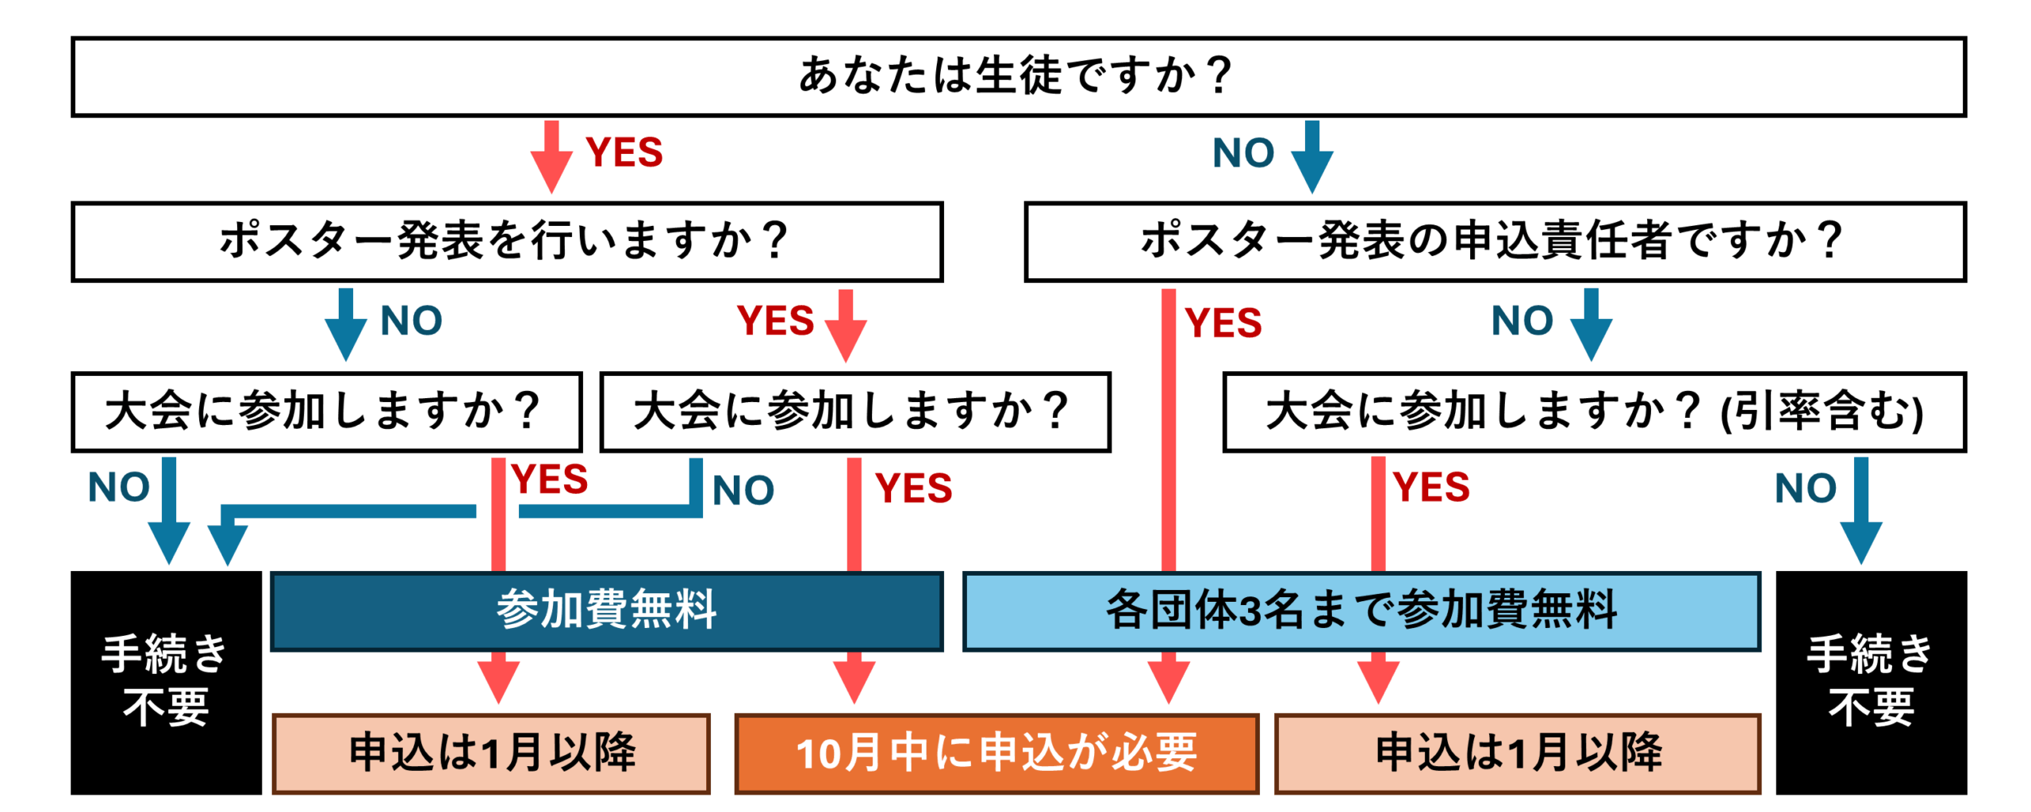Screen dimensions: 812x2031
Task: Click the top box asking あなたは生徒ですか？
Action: [x=1017, y=76]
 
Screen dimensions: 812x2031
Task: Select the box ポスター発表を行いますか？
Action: [x=506, y=241]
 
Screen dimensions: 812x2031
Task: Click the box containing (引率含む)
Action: [x=1593, y=412]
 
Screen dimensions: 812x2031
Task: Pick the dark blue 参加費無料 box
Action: [x=606, y=611]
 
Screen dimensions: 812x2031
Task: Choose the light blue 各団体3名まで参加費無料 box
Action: [x=1361, y=611]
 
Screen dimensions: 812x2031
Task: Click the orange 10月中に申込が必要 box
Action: [x=996, y=753]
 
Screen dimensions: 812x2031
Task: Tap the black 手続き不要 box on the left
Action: [x=166, y=682]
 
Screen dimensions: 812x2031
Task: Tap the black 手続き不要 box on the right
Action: [x=1870, y=682]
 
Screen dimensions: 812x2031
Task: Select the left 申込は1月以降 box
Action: [x=490, y=753]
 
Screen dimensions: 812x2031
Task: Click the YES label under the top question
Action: [x=624, y=152]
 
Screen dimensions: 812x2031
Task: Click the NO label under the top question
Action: [x=1242, y=152]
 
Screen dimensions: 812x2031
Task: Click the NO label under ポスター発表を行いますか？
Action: [x=411, y=321]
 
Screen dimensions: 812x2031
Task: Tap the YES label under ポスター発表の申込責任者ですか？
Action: [x=1223, y=324]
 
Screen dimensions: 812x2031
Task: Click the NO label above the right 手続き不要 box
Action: [x=1805, y=488]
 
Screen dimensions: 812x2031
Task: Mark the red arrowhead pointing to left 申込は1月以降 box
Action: [x=498, y=680]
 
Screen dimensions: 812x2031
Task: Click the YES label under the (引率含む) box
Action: [x=1430, y=487]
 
